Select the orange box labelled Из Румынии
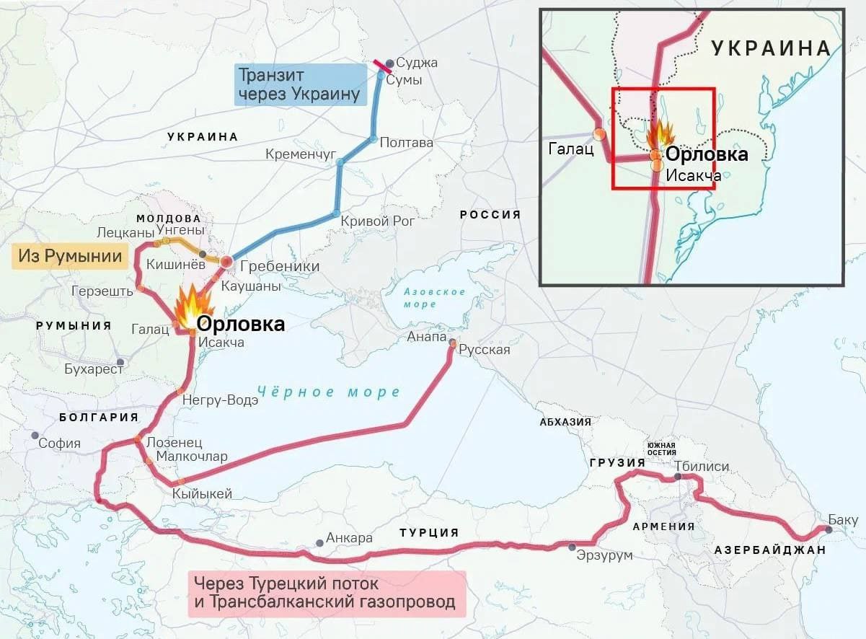coord(71,257)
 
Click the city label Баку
coord(843,520)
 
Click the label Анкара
coord(349,538)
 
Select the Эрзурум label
coord(604,555)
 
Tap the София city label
coord(59,443)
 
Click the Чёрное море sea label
coord(328,392)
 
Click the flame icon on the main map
coord(191,306)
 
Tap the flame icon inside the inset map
coord(660,135)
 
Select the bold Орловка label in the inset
coord(706,154)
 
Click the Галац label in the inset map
coord(570,149)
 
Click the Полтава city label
coord(406,142)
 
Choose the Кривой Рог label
coord(377,221)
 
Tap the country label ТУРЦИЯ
coord(429,532)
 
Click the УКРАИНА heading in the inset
coord(771,48)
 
